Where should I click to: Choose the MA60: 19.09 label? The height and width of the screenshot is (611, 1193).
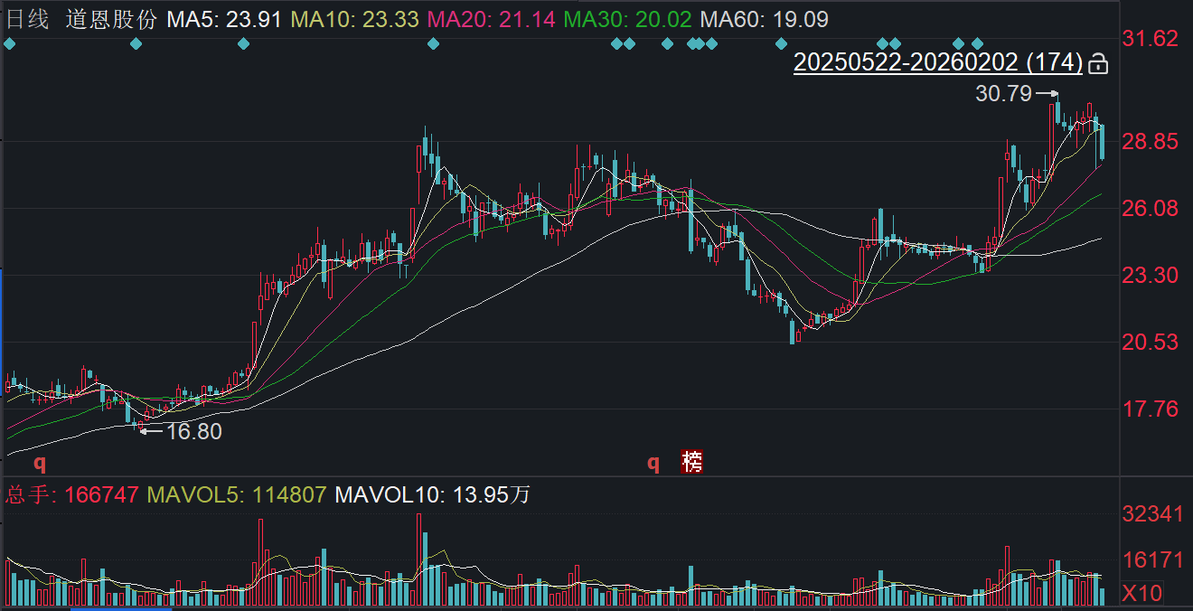765,19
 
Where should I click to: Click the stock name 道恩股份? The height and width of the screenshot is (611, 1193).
111,19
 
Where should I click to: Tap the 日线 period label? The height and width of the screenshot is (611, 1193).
27,19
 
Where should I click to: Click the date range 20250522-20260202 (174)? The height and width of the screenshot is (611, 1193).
937,62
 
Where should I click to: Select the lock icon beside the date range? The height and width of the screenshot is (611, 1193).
1098,63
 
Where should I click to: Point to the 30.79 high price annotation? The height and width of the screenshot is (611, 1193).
1001,92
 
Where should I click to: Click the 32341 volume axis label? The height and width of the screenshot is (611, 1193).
1151,514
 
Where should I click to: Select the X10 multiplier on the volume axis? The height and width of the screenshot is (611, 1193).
1141,593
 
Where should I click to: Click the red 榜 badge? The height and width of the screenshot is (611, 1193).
692,463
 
